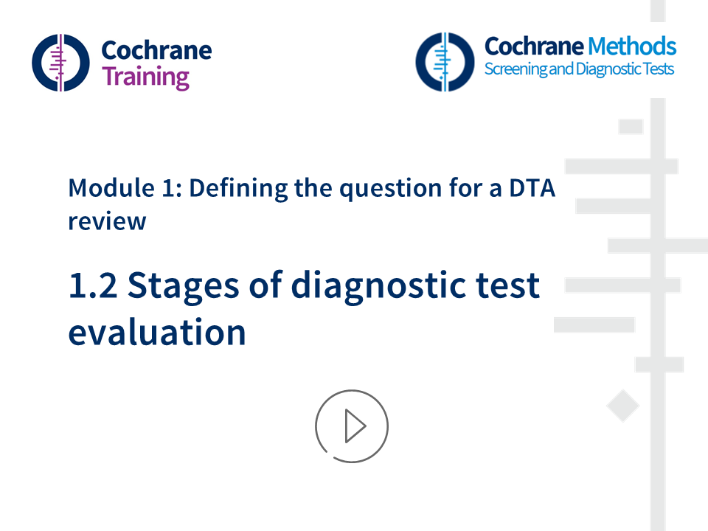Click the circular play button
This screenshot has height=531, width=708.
click(x=352, y=426)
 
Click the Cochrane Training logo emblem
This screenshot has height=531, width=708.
click(x=60, y=62)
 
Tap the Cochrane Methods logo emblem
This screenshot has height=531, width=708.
click(x=444, y=61)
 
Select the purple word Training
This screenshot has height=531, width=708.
click(x=145, y=77)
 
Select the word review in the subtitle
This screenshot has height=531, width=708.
click(x=107, y=220)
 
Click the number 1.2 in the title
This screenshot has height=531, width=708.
click(x=93, y=286)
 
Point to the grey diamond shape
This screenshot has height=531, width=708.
click(x=622, y=406)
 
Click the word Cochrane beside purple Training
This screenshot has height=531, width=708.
click(x=156, y=50)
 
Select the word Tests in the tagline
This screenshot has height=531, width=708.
click(x=656, y=69)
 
